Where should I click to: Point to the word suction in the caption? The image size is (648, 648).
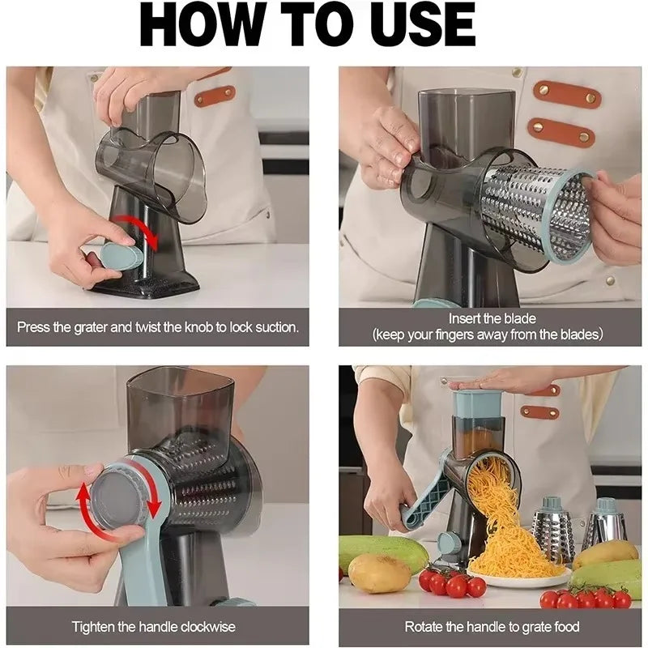[x=271, y=328]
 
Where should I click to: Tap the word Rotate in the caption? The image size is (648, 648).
[x=424, y=627]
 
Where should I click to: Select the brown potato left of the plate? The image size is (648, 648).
[x=379, y=573]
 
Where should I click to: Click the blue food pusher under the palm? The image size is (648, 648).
[x=478, y=403]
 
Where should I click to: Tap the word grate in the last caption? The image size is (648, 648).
[x=533, y=627]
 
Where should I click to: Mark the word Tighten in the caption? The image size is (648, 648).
[x=96, y=627]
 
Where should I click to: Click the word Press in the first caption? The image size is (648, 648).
[x=33, y=328]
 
